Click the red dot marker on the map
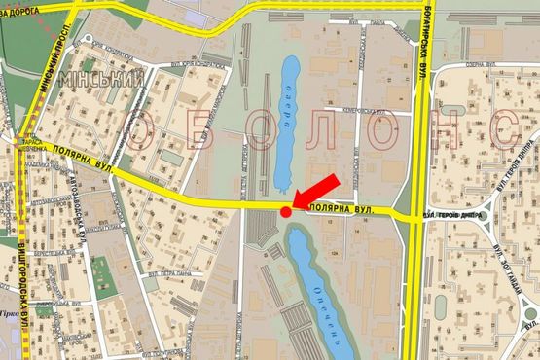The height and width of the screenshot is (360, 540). [x=285, y=211]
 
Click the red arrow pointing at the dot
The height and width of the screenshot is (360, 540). [x=316, y=191]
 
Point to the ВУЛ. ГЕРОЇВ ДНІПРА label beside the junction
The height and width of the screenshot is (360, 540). [x=455, y=215]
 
